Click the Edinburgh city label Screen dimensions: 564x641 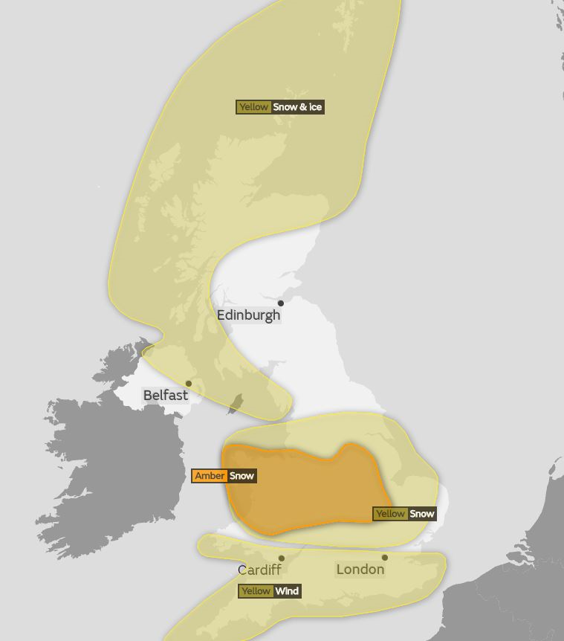248,315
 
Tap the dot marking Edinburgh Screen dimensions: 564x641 281,303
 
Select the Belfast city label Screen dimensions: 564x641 165,396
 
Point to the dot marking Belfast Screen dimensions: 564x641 189,384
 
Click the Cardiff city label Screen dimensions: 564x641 259,570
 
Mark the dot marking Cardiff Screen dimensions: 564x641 282,558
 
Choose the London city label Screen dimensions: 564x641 360,570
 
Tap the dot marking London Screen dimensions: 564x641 384,558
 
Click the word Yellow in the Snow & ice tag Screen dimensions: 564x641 253,107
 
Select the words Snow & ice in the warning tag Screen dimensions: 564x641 297,107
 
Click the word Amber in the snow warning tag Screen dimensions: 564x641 210,476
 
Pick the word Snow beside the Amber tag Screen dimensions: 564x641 242,476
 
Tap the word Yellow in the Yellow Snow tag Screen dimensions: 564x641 390,514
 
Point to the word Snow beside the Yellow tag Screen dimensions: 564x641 422,514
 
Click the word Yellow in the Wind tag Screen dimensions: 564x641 256,591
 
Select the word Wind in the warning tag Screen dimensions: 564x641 287,591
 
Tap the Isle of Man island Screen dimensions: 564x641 236,404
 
